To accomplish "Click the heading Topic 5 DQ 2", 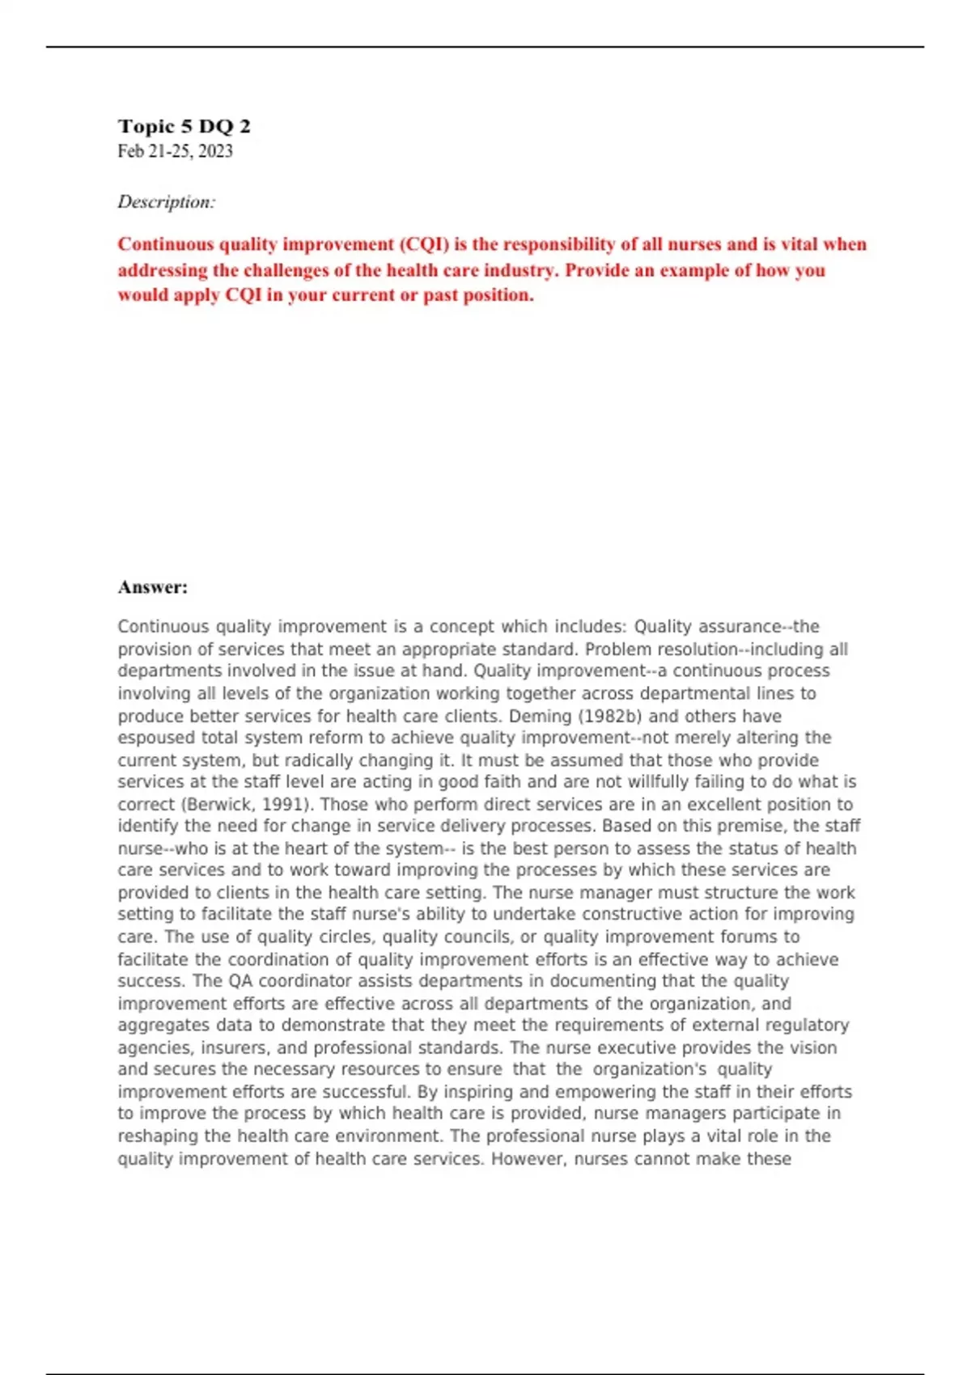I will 184,126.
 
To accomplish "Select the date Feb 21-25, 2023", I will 175,151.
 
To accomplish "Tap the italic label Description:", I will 167,202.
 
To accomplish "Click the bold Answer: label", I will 152,587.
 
